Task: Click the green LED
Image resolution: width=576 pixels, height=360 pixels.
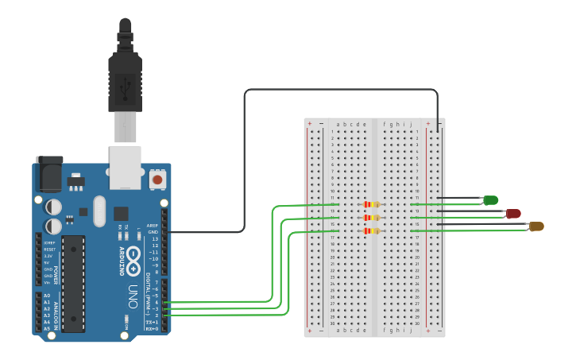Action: click(491, 200)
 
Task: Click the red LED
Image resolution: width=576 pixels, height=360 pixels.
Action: click(513, 214)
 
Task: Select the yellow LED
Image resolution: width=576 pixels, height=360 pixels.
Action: click(536, 226)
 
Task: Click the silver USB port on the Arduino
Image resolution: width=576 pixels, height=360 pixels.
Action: click(125, 167)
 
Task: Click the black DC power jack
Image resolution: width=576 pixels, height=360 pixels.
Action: click(49, 174)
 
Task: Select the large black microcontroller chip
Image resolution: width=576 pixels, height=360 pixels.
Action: click(73, 282)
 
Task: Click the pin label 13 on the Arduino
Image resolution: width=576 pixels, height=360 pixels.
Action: click(155, 238)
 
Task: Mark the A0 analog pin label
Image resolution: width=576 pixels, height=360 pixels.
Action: click(47, 296)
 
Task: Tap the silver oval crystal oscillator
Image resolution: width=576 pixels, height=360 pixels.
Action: click(99, 211)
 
